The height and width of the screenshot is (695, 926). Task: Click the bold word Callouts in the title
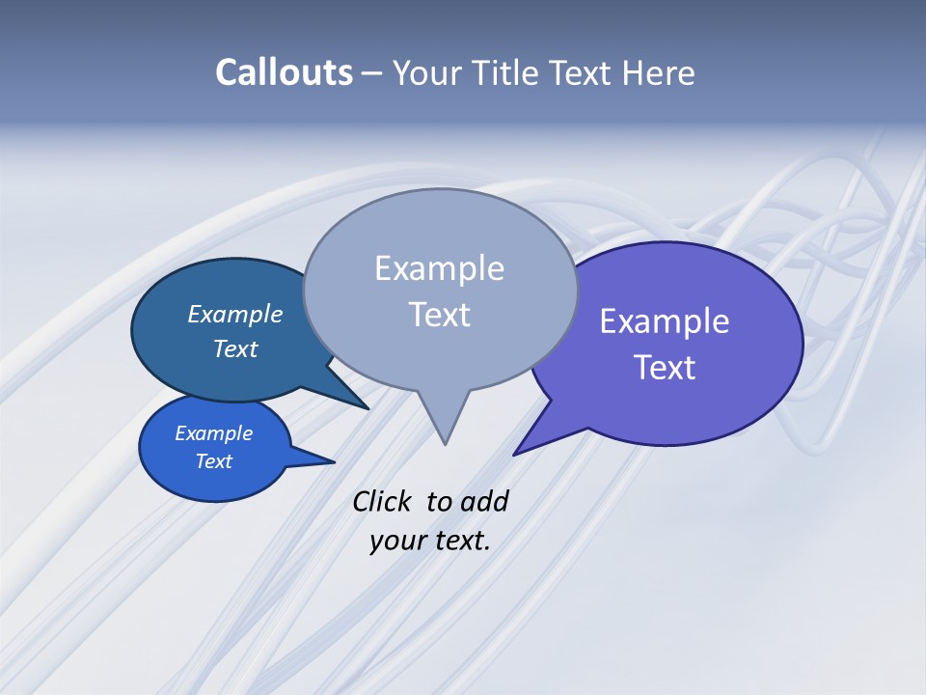284,73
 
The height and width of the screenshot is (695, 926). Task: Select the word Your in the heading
428,73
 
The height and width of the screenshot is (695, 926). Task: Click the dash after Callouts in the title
372,74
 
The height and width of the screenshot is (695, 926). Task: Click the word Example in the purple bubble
664,321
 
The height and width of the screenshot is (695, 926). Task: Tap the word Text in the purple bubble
664,368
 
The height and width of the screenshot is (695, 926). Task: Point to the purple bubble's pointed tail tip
514,455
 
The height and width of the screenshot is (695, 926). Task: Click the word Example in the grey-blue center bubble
439,268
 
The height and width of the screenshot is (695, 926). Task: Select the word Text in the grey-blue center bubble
439,315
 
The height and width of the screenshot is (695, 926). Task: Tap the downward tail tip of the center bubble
445,443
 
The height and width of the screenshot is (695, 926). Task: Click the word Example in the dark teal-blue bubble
234,315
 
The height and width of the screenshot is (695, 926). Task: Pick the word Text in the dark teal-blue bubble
234,349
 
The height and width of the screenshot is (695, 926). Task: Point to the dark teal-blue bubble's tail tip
368,408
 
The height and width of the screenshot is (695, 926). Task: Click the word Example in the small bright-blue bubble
213,434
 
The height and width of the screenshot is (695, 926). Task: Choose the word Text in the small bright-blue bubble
213,462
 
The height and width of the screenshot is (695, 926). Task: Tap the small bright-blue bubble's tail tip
334,461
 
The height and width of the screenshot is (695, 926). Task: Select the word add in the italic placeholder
484,502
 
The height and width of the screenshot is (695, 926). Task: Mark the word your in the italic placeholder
397,542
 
